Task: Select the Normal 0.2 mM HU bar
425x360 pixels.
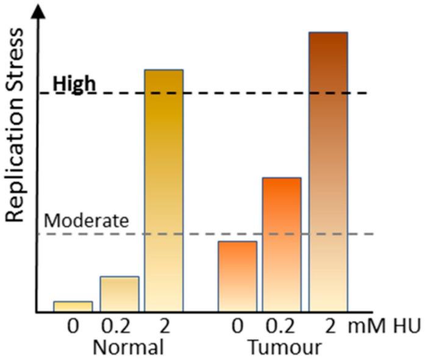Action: (x=120, y=294)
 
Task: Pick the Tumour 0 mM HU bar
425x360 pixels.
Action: (x=237, y=276)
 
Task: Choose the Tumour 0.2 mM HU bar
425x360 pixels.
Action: (x=282, y=244)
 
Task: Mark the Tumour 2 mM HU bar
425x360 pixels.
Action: (x=328, y=171)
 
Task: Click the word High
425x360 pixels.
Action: (x=74, y=84)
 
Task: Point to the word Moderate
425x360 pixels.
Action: (x=87, y=220)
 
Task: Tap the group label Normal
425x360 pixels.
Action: (x=128, y=347)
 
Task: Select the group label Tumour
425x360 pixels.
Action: (x=285, y=347)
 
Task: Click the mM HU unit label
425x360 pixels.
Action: (x=384, y=326)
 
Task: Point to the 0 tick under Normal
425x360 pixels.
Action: (x=73, y=326)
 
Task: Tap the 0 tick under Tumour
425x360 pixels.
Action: (x=237, y=326)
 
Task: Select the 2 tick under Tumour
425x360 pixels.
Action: (x=330, y=326)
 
